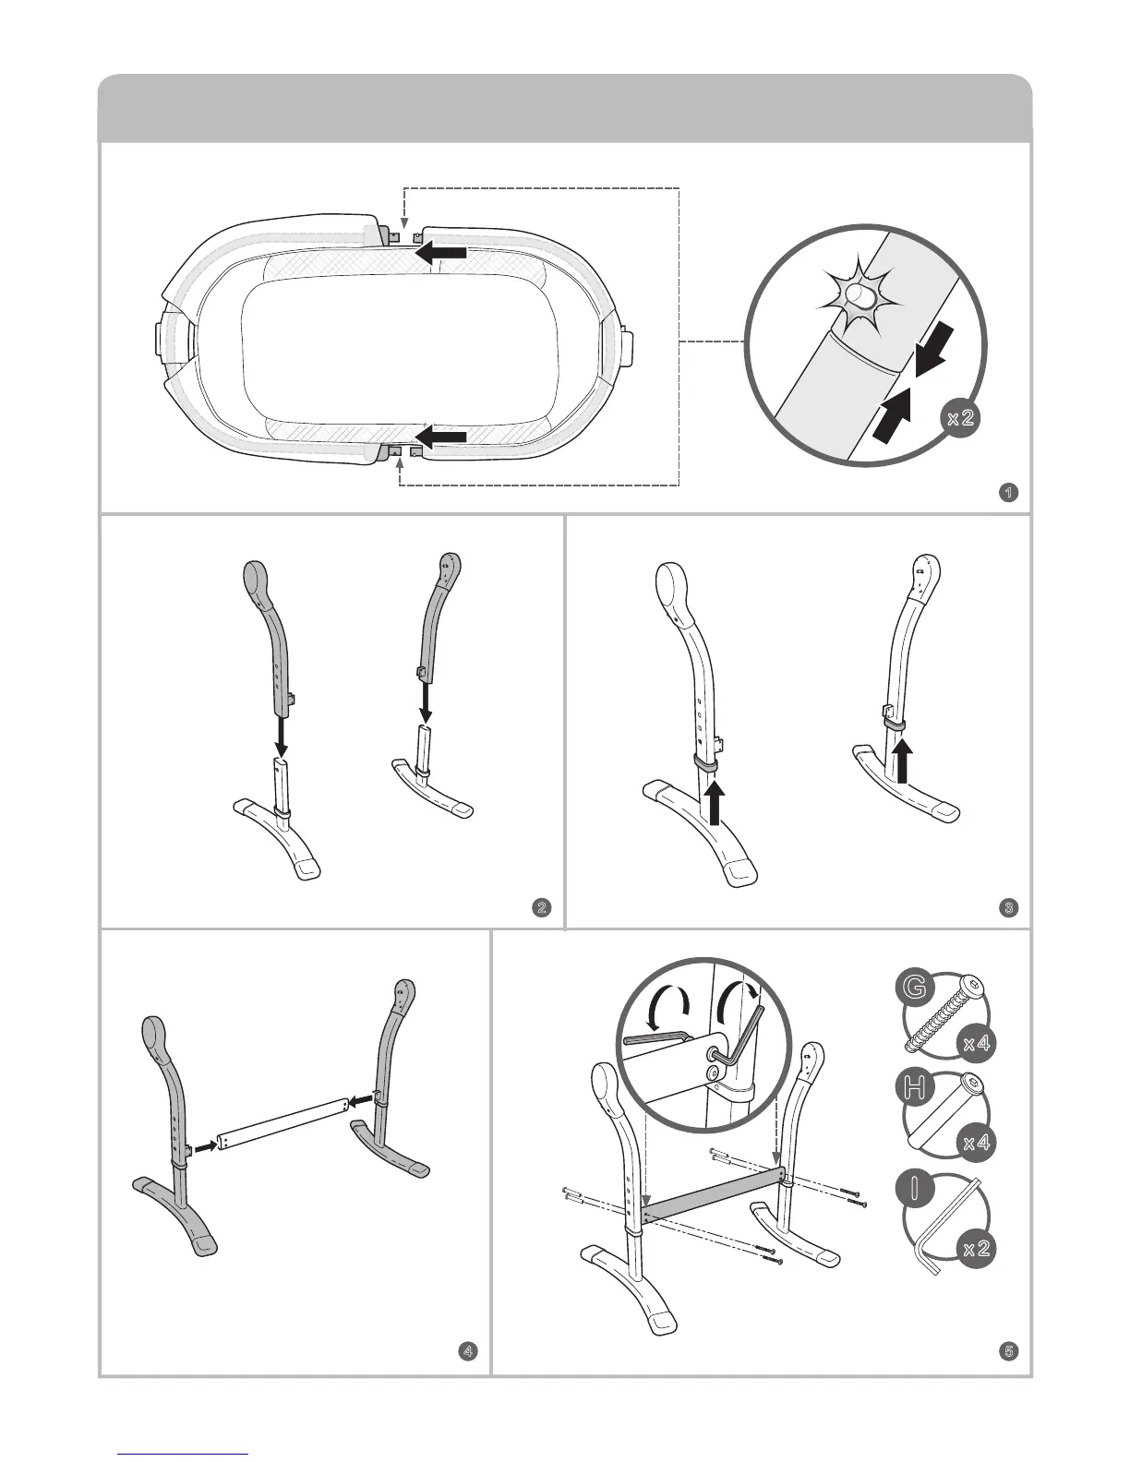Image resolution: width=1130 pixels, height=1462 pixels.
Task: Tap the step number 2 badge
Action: pyautogui.click(x=542, y=907)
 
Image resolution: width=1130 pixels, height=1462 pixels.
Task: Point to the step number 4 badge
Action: pyautogui.click(x=469, y=1351)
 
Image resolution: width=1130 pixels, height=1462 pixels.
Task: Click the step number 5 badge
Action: pyautogui.click(x=1009, y=1351)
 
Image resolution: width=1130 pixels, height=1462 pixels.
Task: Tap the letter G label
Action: pyautogui.click(x=913, y=988)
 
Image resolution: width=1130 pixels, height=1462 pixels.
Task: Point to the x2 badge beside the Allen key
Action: pyautogui.click(x=976, y=1249)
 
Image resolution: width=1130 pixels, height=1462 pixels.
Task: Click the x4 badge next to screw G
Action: pyautogui.click(x=976, y=1044)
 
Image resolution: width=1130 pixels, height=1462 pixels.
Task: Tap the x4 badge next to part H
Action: pyautogui.click(x=976, y=1144)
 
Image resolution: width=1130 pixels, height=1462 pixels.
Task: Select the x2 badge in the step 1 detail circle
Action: pyautogui.click(x=961, y=417)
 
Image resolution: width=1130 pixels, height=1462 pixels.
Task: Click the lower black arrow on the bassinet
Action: pyautogui.click(x=439, y=435)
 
